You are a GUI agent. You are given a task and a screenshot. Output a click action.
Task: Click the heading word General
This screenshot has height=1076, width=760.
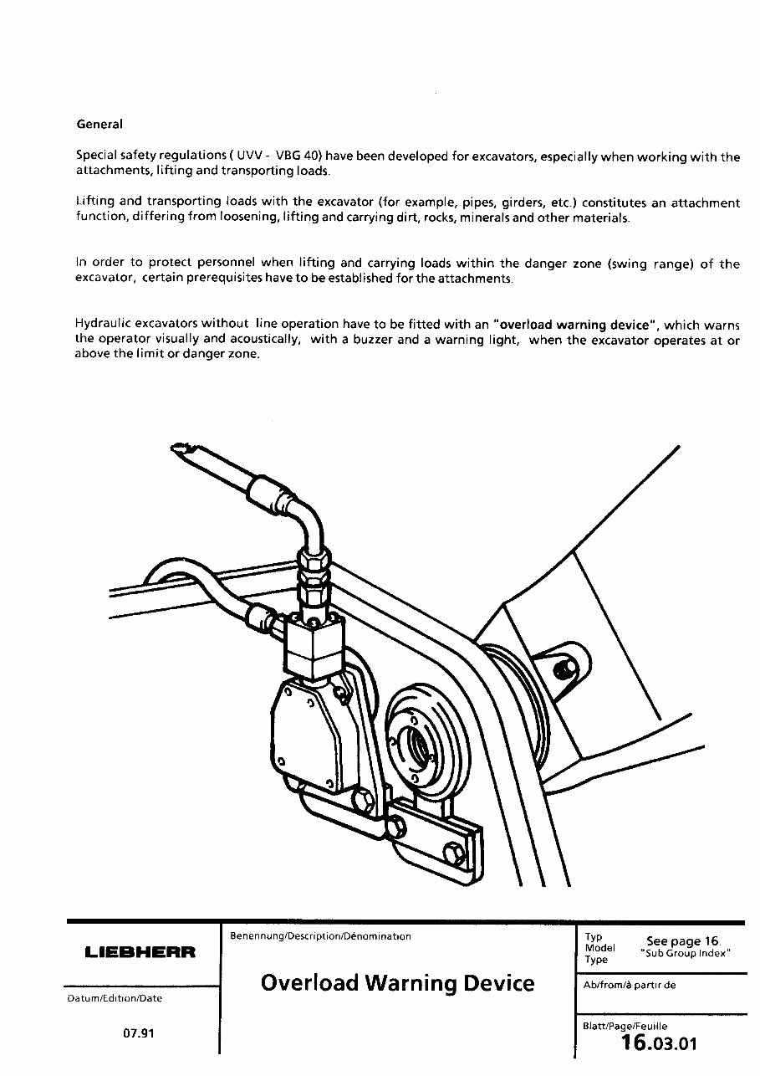coord(99,124)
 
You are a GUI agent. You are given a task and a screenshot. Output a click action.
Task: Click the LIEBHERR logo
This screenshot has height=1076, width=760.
coord(140,952)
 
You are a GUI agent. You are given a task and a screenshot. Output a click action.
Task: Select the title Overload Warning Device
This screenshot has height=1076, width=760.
coord(397,981)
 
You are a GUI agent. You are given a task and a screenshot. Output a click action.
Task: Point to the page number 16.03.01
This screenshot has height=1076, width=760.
coord(659,1043)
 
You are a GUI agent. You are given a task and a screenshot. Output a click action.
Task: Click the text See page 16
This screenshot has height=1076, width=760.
coord(683,941)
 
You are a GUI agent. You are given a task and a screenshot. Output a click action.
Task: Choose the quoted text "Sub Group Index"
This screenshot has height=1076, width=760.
coord(686,954)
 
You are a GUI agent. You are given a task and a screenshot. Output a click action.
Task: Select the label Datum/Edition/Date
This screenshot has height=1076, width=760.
coord(114,998)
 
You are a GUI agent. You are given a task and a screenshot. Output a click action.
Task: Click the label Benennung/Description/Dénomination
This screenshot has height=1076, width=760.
coord(320,936)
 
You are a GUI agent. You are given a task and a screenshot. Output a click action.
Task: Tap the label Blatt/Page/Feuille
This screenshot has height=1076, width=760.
coord(625,1026)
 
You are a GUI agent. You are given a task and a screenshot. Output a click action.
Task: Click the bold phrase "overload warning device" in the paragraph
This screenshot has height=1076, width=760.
coord(574,324)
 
